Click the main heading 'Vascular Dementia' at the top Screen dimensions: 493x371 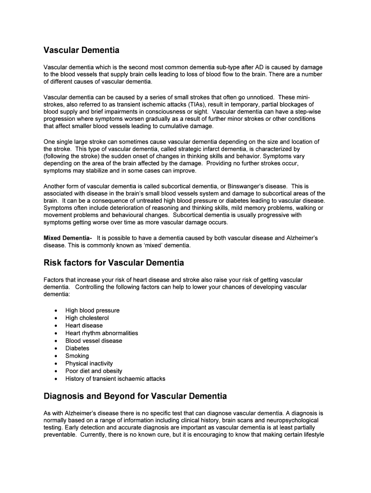(x=81, y=51)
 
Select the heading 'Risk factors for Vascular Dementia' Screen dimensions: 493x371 (x=114, y=263)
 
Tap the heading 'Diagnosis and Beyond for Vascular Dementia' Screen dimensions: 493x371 (x=135, y=397)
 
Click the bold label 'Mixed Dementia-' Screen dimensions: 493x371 (x=67, y=238)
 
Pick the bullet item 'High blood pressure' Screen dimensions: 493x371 (x=93, y=311)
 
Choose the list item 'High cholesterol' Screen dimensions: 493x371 (x=87, y=318)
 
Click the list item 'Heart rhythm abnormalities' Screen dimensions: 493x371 (x=102, y=333)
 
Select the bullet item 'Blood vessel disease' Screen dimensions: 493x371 (x=94, y=341)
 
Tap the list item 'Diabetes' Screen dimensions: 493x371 (x=78, y=349)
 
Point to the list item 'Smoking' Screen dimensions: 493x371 (x=77, y=356)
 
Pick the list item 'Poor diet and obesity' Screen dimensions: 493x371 (x=94, y=371)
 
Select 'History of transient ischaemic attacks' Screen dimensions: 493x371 (x=115, y=379)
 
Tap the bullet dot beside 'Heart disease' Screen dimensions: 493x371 (x=56, y=326)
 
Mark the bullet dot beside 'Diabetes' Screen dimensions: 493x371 (x=56, y=349)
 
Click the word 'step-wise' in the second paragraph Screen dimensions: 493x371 (x=303, y=112)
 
